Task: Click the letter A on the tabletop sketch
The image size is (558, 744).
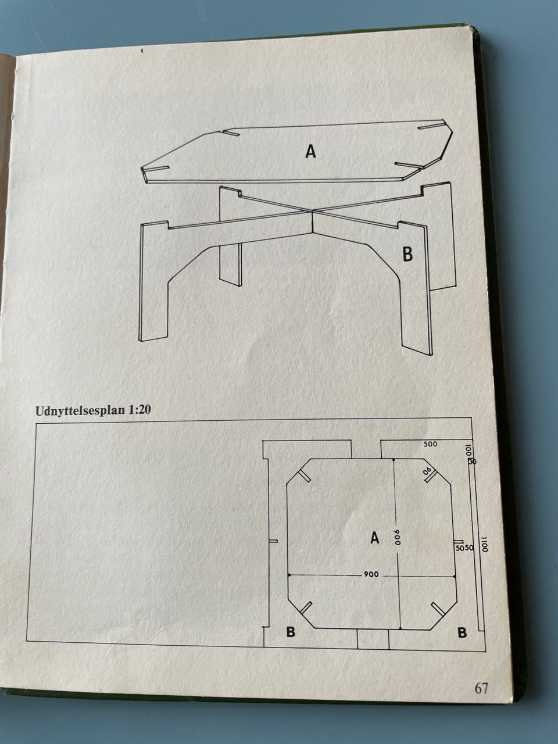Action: click(310, 151)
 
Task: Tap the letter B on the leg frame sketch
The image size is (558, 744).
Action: click(407, 254)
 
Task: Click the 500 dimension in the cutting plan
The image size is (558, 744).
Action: click(431, 444)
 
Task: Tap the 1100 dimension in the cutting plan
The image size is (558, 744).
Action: click(485, 543)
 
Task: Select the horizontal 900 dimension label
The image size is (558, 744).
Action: click(371, 574)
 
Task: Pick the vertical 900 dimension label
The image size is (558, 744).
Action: click(397, 538)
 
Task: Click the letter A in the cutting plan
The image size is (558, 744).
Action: click(374, 537)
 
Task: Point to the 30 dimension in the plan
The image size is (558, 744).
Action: click(473, 462)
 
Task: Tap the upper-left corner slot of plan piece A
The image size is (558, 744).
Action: click(304, 475)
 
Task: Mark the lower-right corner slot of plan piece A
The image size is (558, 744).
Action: click(438, 609)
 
